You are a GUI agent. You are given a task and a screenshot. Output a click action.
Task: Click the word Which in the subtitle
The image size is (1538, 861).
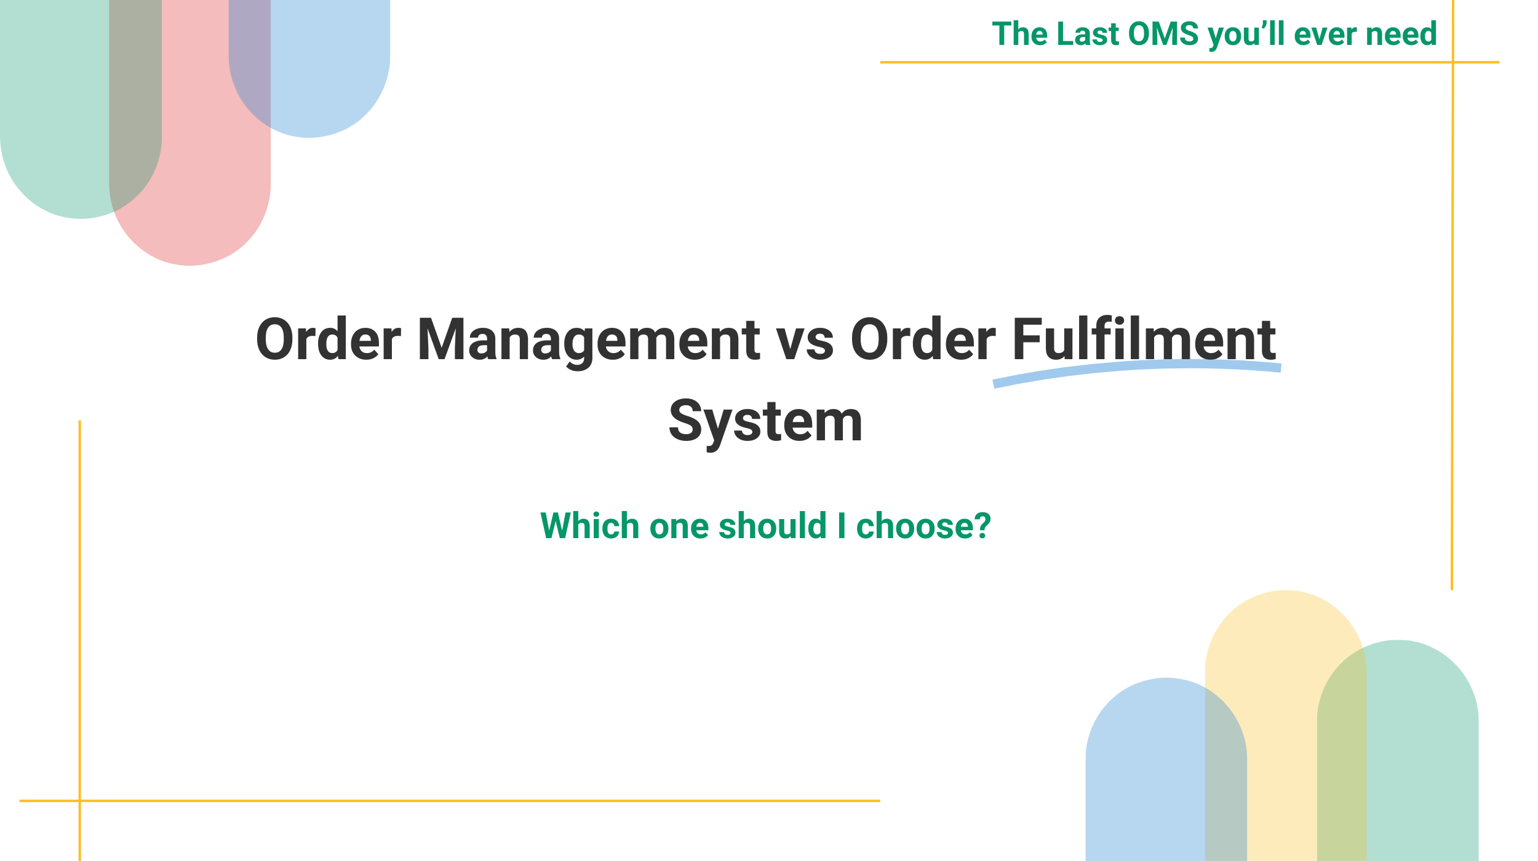point(590,526)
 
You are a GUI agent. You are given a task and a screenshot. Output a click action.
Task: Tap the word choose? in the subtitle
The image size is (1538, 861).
point(923,526)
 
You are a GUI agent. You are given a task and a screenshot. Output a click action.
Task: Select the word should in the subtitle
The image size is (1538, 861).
point(773,526)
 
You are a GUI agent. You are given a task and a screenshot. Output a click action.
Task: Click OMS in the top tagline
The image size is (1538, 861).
point(1164,34)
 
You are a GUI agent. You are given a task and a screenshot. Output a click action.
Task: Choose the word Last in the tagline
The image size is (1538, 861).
point(1088,34)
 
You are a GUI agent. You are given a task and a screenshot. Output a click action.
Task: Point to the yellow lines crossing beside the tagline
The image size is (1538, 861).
point(1452,62)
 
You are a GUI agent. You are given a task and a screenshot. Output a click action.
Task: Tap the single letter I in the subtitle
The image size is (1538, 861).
point(842,526)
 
